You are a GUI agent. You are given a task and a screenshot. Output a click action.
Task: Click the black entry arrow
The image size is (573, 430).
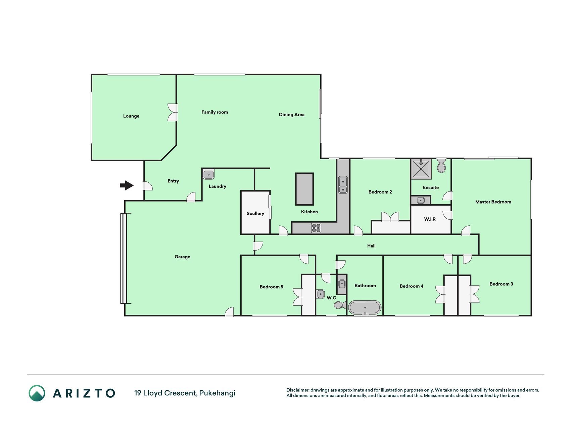click(x=127, y=185)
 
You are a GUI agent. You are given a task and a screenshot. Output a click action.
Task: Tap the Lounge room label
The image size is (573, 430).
click(x=131, y=116)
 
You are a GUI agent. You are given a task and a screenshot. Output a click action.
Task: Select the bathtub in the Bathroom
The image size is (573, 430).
click(x=365, y=307)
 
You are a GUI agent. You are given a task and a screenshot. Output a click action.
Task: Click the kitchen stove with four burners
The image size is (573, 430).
click(x=316, y=228)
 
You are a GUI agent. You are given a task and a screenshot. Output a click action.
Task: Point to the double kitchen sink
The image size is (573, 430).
click(x=343, y=185)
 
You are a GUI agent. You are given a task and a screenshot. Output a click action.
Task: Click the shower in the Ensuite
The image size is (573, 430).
click(x=421, y=169)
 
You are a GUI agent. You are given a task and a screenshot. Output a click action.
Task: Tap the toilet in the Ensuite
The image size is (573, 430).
click(x=441, y=166)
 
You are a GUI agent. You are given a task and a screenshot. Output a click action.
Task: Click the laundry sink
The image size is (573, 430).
click(x=208, y=175)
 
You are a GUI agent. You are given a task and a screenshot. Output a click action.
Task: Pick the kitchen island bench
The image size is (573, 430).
click(x=304, y=189)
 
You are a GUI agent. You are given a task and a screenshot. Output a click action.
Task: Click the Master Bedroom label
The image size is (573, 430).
click(x=493, y=202)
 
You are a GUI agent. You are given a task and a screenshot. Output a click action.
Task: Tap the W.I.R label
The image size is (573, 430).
click(x=430, y=219)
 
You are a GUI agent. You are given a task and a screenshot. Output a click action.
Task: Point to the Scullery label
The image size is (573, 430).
click(x=255, y=214)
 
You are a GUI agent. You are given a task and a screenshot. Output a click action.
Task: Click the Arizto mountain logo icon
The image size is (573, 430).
click(x=37, y=393)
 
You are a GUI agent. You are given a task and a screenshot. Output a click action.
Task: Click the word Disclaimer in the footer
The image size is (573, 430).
click(x=297, y=390)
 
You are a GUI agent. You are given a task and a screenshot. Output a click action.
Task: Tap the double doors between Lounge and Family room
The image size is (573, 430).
click(x=173, y=112)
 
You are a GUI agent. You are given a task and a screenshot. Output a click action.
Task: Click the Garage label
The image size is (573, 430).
click(x=182, y=257)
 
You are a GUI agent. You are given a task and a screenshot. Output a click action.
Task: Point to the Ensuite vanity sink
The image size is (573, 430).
click(x=421, y=201)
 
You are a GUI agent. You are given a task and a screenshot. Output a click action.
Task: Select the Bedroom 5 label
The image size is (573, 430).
click(x=271, y=287)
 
